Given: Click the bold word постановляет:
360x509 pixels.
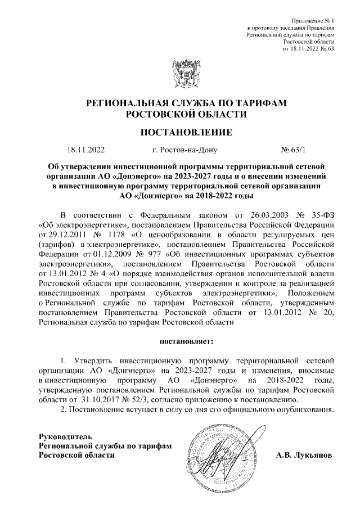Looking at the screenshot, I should click(x=186, y=341).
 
